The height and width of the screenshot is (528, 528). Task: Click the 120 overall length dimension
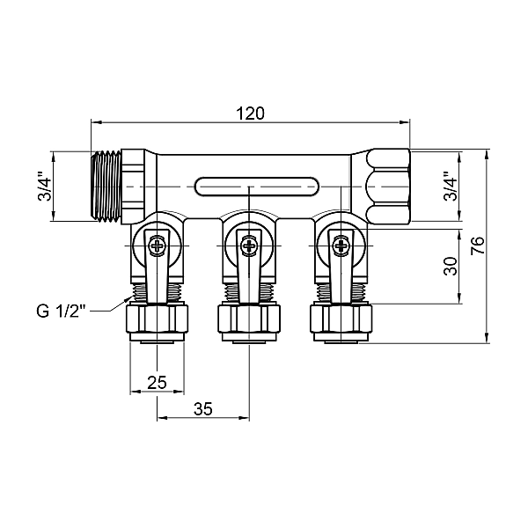[251, 114]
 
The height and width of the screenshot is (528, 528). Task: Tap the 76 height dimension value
[477, 246]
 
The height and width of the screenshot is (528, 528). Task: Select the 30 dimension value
[450, 267]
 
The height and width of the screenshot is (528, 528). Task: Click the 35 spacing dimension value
[202, 409]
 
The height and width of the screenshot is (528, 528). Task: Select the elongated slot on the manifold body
[251, 187]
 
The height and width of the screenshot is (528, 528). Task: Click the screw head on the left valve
[157, 246]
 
